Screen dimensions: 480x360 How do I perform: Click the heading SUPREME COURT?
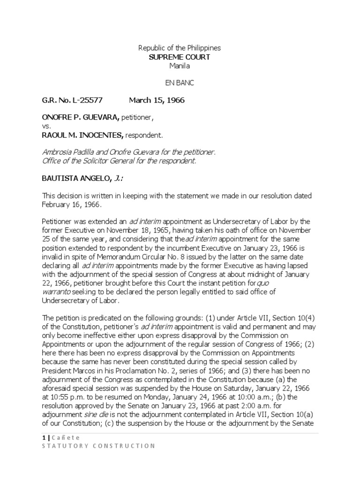pyautogui.click(x=180, y=57)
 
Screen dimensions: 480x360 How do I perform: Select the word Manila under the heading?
pyautogui.click(x=180, y=66)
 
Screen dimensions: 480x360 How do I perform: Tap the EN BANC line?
pyautogui.click(x=180, y=83)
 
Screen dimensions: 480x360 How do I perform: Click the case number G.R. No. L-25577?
pyautogui.click(x=72, y=100)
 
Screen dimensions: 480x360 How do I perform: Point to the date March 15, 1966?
pyautogui.click(x=157, y=100)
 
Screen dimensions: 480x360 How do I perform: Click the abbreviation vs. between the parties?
pyautogui.click(x=46, y=127)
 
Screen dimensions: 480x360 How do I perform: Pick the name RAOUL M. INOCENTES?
pyautogui.click(x=82, y=135)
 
